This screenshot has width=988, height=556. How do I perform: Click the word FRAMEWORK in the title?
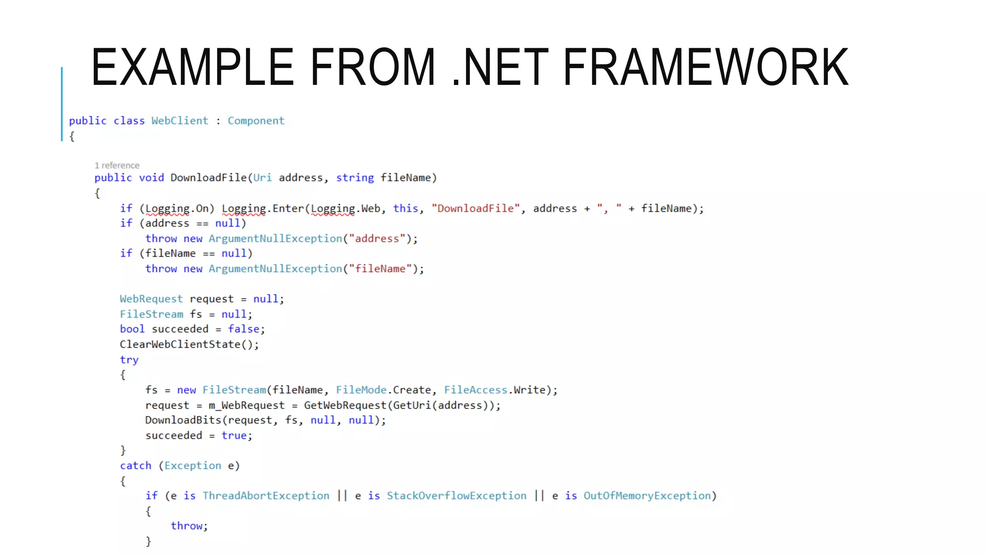pyautogui.click(x=705, y=67)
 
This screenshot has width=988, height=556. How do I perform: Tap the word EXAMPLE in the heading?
pyautogui.click(x=192, y=67)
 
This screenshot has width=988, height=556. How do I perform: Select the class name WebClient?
pyautogui.click(x=179, y=121)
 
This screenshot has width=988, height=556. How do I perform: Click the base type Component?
pyautogui.click(x=256, y=121)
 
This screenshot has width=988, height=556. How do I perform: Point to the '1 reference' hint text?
pyautogui.click(x=117, y=166)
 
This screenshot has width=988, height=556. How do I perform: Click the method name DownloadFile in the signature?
pyautogui.click(x=208, y=178)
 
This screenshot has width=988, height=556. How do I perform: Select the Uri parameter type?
pyautogui.click(x=262, y=178)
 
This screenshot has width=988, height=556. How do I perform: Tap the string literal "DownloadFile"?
pyautogui.click(x=476, y=208)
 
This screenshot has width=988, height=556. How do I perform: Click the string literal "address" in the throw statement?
pyautogui.click(x=377, y=238)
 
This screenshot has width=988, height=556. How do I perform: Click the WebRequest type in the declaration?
pyautogui.click(x=151, y=299)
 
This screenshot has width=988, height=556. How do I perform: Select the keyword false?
pyautogui.click(x=244, y=329)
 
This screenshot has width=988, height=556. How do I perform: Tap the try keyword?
pyautogui.click(x=129, y=360)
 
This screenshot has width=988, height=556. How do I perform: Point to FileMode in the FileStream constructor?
pyautogui.click(x=361, y=390)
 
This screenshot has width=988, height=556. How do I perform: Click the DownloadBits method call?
pyautogui.click(x=183, y=420)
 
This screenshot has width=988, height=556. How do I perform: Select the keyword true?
pyautogui.click(x=234, y=435)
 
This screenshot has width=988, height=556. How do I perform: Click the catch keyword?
pyautogui.click(x=136, y=466)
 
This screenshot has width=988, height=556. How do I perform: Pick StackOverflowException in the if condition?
pyautogui.click(x=456, y=496)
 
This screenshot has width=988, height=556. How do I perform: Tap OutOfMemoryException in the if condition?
pyautogui.click(x=647, y=496)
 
